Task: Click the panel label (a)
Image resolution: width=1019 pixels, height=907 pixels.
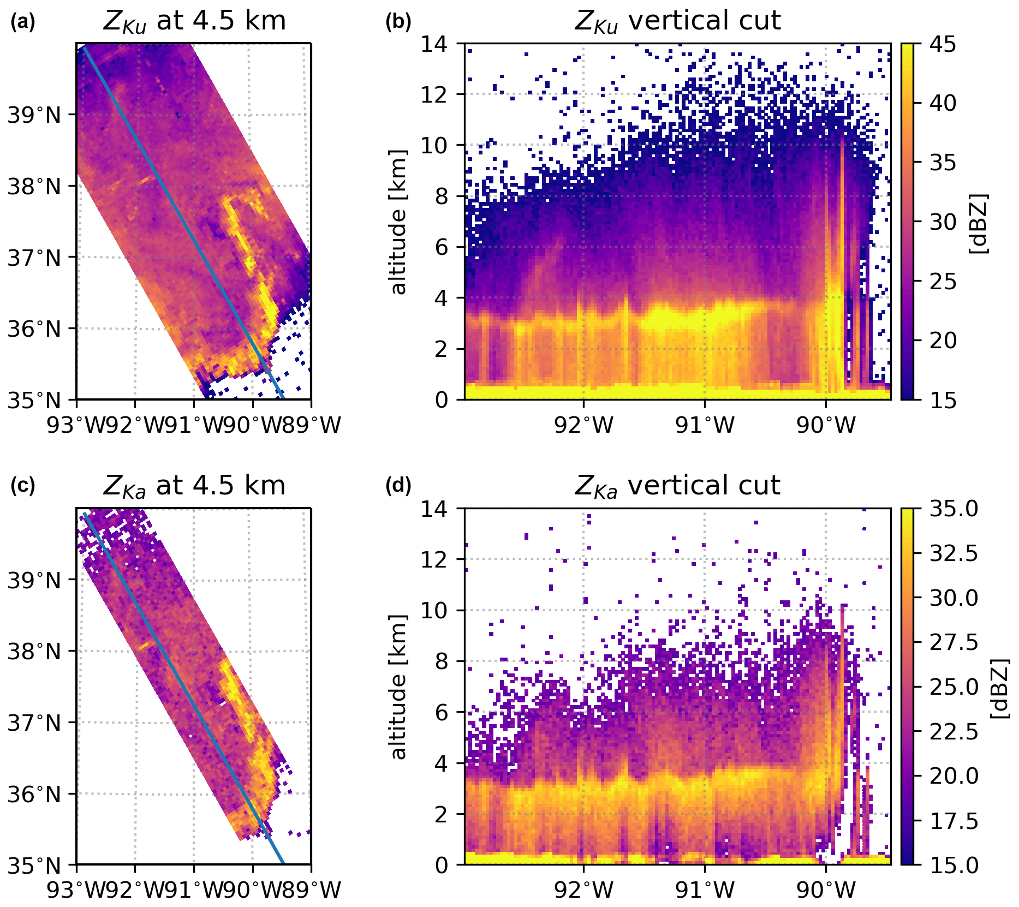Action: point(22,22)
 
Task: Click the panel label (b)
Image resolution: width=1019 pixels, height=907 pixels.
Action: point(398,22)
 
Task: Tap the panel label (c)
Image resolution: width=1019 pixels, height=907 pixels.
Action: point(22,486)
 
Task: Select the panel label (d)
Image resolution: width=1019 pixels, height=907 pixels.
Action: point(398,485)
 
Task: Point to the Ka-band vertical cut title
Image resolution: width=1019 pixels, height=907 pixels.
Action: point(677,486)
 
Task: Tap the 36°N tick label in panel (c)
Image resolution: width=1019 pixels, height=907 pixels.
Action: point(34,794)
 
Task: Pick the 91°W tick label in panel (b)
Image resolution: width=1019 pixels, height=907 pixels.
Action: point(705,425)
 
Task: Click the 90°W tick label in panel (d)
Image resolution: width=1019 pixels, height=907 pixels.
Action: point(826,890)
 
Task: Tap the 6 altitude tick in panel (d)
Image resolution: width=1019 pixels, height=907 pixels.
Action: point(442,712)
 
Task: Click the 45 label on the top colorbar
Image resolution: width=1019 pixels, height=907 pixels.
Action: point(943,44)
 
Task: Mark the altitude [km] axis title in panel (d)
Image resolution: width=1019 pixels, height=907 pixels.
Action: point(399,687)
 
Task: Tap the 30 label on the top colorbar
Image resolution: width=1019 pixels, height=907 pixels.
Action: point(943,222)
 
